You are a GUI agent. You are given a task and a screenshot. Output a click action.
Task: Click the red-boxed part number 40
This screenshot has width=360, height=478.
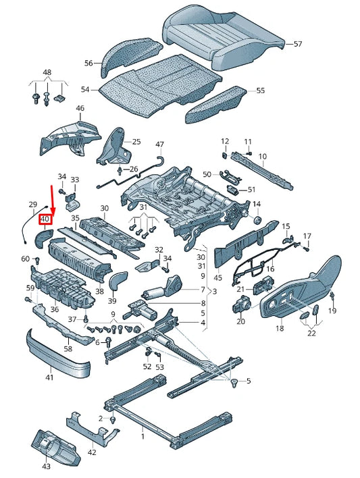tap(45, 219)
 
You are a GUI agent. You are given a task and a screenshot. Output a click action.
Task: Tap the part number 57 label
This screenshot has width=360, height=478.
tap(298, 44)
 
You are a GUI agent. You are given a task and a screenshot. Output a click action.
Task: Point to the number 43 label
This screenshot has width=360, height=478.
tap(46, 467)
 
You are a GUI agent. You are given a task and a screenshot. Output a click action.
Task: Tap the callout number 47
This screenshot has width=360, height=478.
tap(159, 144)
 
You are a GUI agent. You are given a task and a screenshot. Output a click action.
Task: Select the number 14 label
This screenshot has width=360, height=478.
tap(257, 204)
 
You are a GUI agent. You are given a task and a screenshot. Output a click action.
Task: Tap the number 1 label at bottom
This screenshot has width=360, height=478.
tap(143, 437)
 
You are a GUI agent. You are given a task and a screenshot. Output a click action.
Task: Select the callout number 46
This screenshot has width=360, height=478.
tap(80, 108)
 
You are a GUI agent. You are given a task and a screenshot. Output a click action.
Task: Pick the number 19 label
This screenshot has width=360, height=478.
tap(332, 311)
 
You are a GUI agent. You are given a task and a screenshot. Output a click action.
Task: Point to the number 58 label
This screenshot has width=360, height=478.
tap(68, 348)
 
